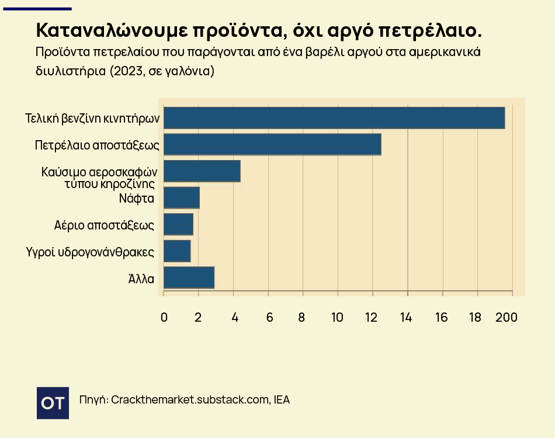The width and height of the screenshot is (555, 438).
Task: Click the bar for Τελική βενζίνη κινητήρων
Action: point(334,118)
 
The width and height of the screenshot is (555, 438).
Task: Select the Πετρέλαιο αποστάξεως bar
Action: point(273,144)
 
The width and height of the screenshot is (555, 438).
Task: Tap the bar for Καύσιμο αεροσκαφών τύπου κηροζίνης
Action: point(202,171)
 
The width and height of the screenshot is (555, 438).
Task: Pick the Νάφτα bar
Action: point(182,198)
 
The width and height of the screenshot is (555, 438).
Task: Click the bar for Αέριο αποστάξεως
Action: point(178,224)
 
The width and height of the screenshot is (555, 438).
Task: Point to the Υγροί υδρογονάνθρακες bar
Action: point(177,251)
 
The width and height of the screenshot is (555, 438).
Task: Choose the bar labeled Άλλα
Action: point(189,278)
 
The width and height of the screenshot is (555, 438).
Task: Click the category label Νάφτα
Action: point(137,198)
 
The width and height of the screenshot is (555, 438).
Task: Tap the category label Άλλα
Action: point(141,279)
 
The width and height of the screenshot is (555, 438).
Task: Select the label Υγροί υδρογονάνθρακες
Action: point(90,252)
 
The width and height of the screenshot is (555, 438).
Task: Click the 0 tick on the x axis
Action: point(164,317)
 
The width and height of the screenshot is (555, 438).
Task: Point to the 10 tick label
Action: point(337,317)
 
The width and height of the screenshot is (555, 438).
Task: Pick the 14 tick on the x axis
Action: point(406,317)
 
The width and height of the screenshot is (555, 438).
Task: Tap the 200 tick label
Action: point(507,317)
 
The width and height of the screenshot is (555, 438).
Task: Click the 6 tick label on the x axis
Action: point(270,317)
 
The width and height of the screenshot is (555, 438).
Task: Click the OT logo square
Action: point(53,403)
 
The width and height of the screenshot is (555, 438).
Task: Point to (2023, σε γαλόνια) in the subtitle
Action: point(162,71)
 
